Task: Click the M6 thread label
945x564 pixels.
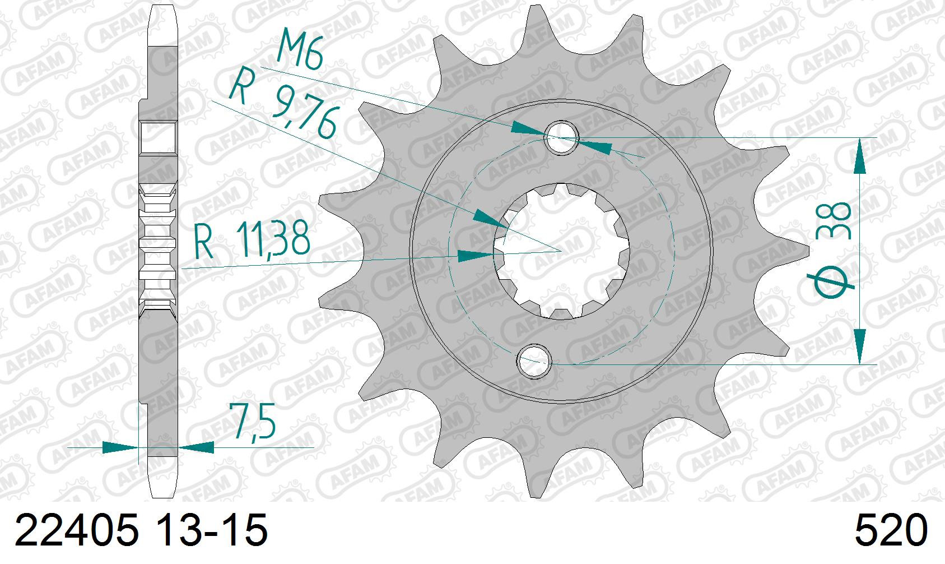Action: coord(300,48)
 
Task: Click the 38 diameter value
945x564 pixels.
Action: coord(833,221)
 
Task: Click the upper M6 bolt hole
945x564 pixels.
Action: coord(561,137)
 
